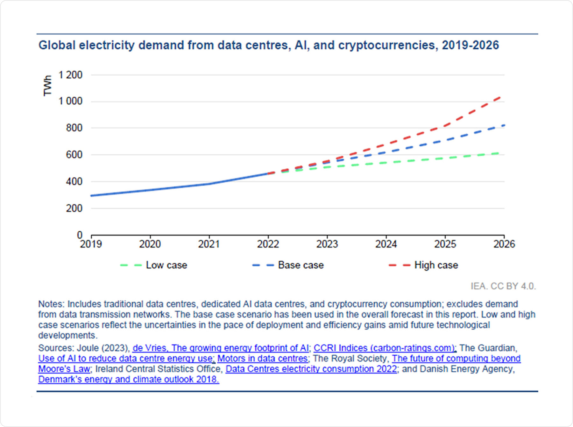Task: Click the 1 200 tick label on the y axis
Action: [70, 75]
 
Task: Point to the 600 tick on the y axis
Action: [74, 155]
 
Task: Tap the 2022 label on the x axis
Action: [268, 244]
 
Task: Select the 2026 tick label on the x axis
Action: [504, 244]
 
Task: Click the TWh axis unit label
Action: [47, 86]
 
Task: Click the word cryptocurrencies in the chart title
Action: [386, 45]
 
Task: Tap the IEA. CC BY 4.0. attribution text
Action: [503, 286]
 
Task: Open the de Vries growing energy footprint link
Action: [221, 348]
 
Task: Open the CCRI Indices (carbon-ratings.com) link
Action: [385, 348]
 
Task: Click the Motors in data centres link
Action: [263, 358]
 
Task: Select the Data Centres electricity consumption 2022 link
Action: [311, 369]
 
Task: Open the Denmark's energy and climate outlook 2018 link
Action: [128, 379]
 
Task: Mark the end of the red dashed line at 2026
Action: [501, 97]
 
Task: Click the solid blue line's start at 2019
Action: [92, 196]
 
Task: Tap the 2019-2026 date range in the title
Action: [470, 45]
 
